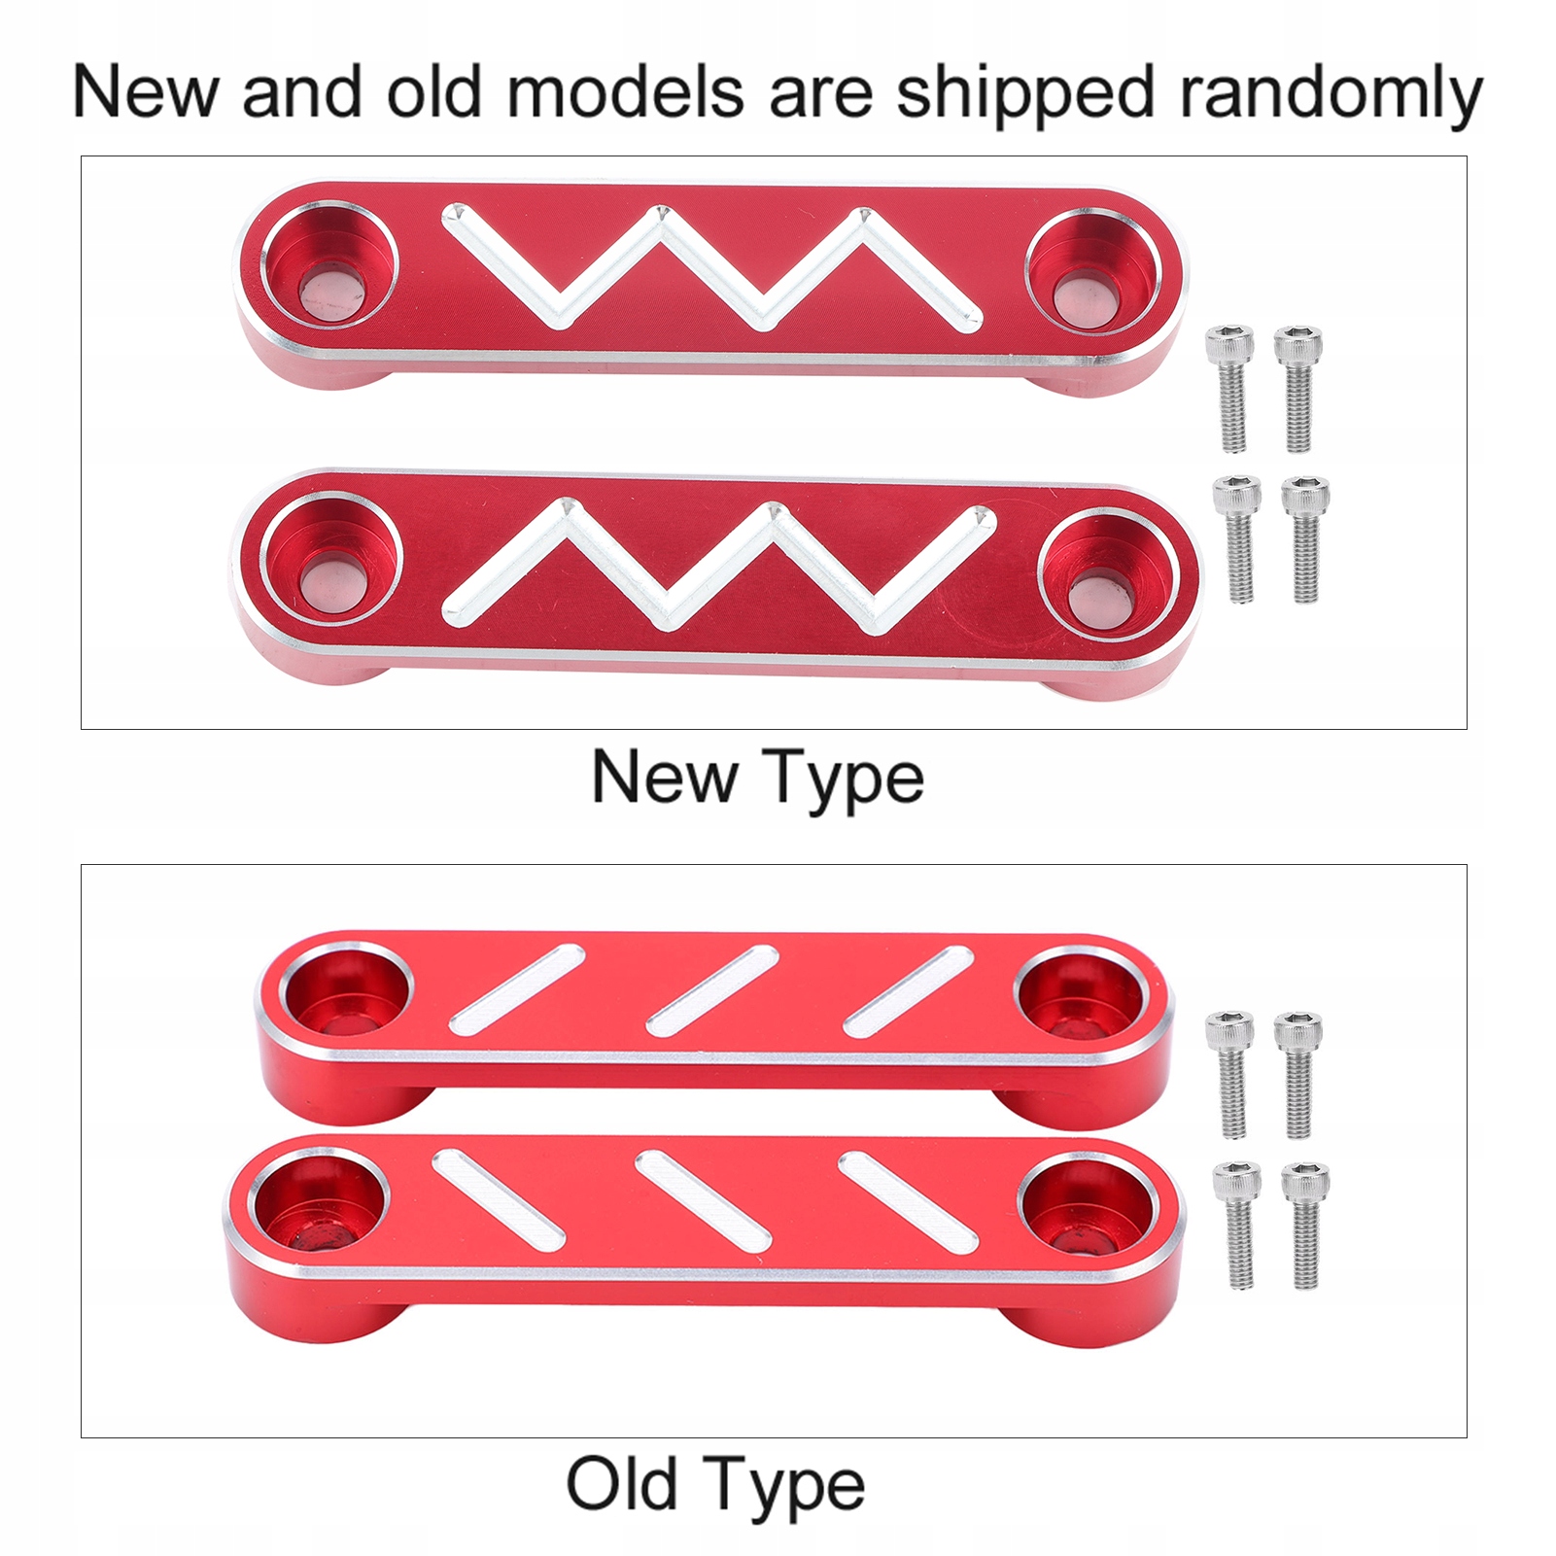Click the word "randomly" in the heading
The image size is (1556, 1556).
click(x=1331, y=94)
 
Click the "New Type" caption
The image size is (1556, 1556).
click(x=758, y=778)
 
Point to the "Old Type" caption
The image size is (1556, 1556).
click(x=715, y=1485)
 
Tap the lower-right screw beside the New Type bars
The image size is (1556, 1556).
click(x=1304, y=539)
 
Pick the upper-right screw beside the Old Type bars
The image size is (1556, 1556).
click(x=1297, y=1074)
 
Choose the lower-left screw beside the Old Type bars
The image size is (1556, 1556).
click(x=1236, y=1226)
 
